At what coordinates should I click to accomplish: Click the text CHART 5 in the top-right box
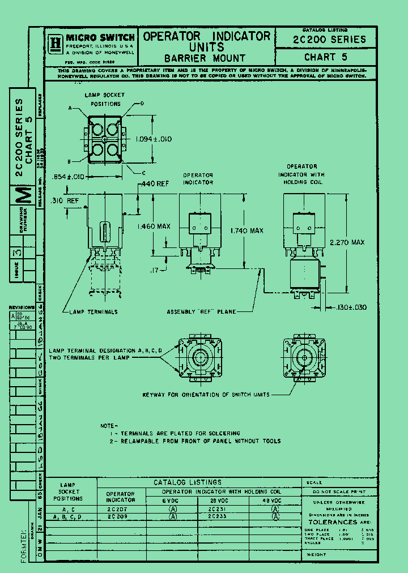click(x=325, y=57)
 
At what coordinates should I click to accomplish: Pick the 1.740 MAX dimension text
click(x=246, y=231)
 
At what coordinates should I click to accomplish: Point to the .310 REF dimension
click(x=64, y=201)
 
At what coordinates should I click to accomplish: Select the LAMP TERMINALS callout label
click(x=93, y=312)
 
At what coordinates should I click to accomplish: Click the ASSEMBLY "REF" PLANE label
click(x=201, y=312)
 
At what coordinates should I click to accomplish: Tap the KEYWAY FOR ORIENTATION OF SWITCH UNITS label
click(x=206, y=395)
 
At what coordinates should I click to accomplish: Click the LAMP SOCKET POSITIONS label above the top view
click(x=104, y=100)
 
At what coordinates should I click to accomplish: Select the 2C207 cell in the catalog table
click(x=120, y=509)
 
